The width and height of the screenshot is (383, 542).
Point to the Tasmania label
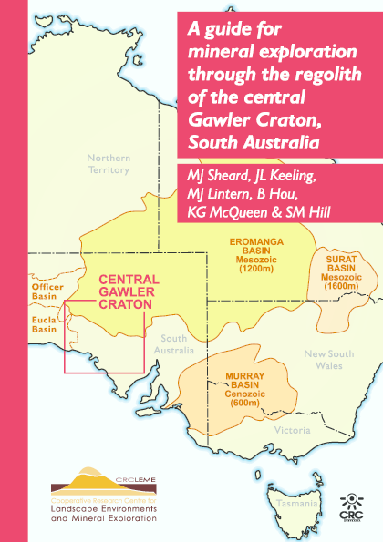pyautogui.click(x=296, y=503)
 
